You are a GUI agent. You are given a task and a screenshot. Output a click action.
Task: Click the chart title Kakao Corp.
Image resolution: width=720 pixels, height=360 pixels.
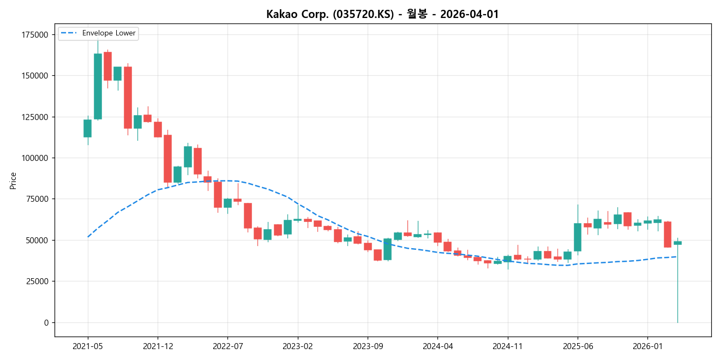click(x=382, y=14)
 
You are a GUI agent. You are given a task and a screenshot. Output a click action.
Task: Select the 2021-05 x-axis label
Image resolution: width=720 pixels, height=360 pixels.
click(x=88, y=346)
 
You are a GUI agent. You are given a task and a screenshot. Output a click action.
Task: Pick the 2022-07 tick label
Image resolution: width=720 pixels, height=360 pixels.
click(x=227, y=346)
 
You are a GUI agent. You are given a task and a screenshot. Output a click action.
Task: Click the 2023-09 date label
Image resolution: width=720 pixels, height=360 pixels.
click(x=368, y=346)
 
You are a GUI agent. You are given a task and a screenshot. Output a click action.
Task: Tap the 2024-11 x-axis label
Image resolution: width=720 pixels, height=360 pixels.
click(x=507, y=346)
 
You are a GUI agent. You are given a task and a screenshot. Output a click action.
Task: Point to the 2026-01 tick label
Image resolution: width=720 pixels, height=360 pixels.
click(x=647, y=346)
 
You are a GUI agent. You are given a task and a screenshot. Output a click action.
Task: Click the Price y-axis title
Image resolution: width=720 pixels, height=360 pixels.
click(x=13, y=181)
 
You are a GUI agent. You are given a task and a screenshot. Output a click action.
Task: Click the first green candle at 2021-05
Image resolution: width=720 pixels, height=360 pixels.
click(x=87, y=128)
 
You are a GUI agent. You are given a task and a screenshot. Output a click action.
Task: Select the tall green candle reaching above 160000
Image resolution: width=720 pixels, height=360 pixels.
click(x=98, y=86)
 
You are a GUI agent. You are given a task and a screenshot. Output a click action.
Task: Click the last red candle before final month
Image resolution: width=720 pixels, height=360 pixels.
click(x=668, y=234)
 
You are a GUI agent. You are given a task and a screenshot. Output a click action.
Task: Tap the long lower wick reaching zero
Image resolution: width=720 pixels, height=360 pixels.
click(x=677, y=289)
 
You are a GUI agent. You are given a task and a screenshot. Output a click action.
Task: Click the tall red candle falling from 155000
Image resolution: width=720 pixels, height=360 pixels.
click(x=128, y=97)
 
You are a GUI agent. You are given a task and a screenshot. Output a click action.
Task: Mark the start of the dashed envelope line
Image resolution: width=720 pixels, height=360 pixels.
click(x=88, y=237)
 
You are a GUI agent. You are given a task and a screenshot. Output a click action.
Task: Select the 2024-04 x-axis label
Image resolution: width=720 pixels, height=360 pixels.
click(x=437, y=346)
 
